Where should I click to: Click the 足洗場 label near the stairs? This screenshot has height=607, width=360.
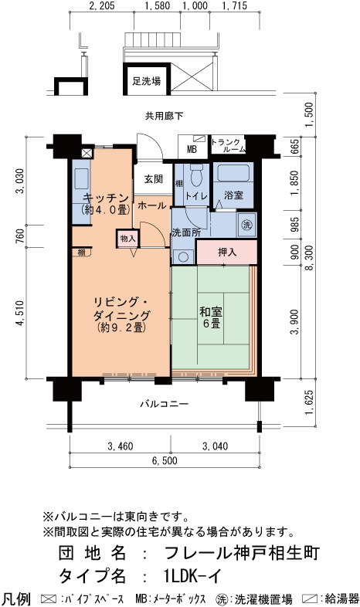click(x=147, y=81)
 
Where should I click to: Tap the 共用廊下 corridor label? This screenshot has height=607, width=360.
click(x=164, y=115)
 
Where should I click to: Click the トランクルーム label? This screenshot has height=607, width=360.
click(x=229, y=145)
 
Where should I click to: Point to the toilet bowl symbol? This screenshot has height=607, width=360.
click(x=197, y=176)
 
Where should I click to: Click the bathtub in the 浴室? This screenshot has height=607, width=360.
click(x=233, y=173)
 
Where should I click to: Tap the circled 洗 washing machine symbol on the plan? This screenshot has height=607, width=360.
click(x=246, y=224)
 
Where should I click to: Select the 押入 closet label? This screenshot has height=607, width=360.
click(x=227, y=252)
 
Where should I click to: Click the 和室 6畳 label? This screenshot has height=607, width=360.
click(x=211, y=317)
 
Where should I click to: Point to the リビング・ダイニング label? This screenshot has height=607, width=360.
click(x=121, y=314)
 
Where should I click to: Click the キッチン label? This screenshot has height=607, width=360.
click(x=105, y=204)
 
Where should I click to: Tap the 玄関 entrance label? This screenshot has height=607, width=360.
click(x=154, y=179)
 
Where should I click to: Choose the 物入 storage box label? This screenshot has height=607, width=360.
click(x=127, y=239)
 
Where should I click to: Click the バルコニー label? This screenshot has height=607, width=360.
click(x=164, y=404)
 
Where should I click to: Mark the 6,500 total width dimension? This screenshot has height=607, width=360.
click(x=165, y=460)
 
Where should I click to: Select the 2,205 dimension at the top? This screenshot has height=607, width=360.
click(x=101, y=6)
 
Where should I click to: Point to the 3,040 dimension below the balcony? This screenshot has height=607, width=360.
click(x=216, y=446)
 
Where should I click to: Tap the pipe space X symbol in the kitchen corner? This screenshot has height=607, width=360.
click(x=87, y=153)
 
